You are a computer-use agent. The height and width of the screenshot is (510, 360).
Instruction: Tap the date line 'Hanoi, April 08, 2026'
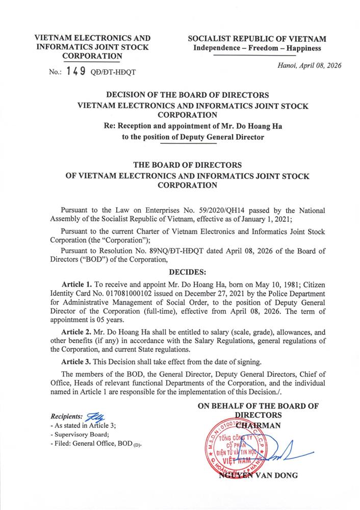tap(309, 65)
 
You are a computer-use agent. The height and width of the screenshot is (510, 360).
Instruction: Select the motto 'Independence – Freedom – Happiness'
tap(256, 48)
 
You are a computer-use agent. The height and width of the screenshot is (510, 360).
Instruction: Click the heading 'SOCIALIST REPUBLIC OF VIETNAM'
tap(256, 39)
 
